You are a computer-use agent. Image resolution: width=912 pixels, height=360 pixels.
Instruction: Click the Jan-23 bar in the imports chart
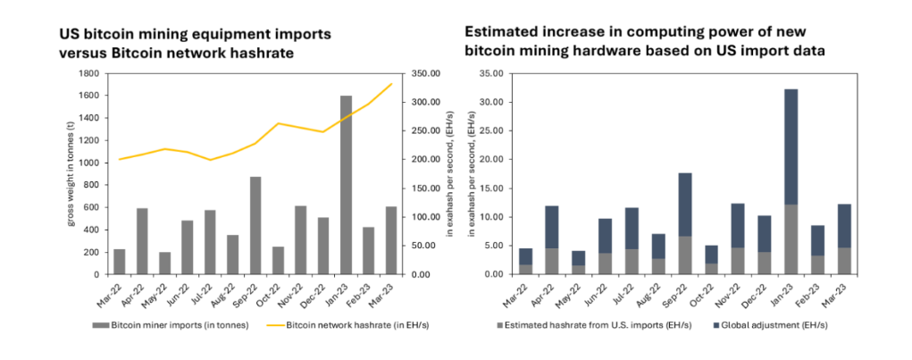click(347, 184)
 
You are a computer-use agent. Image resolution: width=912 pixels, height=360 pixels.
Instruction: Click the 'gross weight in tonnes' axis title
click(71, 173)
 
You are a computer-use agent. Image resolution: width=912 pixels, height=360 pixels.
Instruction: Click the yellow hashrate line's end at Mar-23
click(392, 84)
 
